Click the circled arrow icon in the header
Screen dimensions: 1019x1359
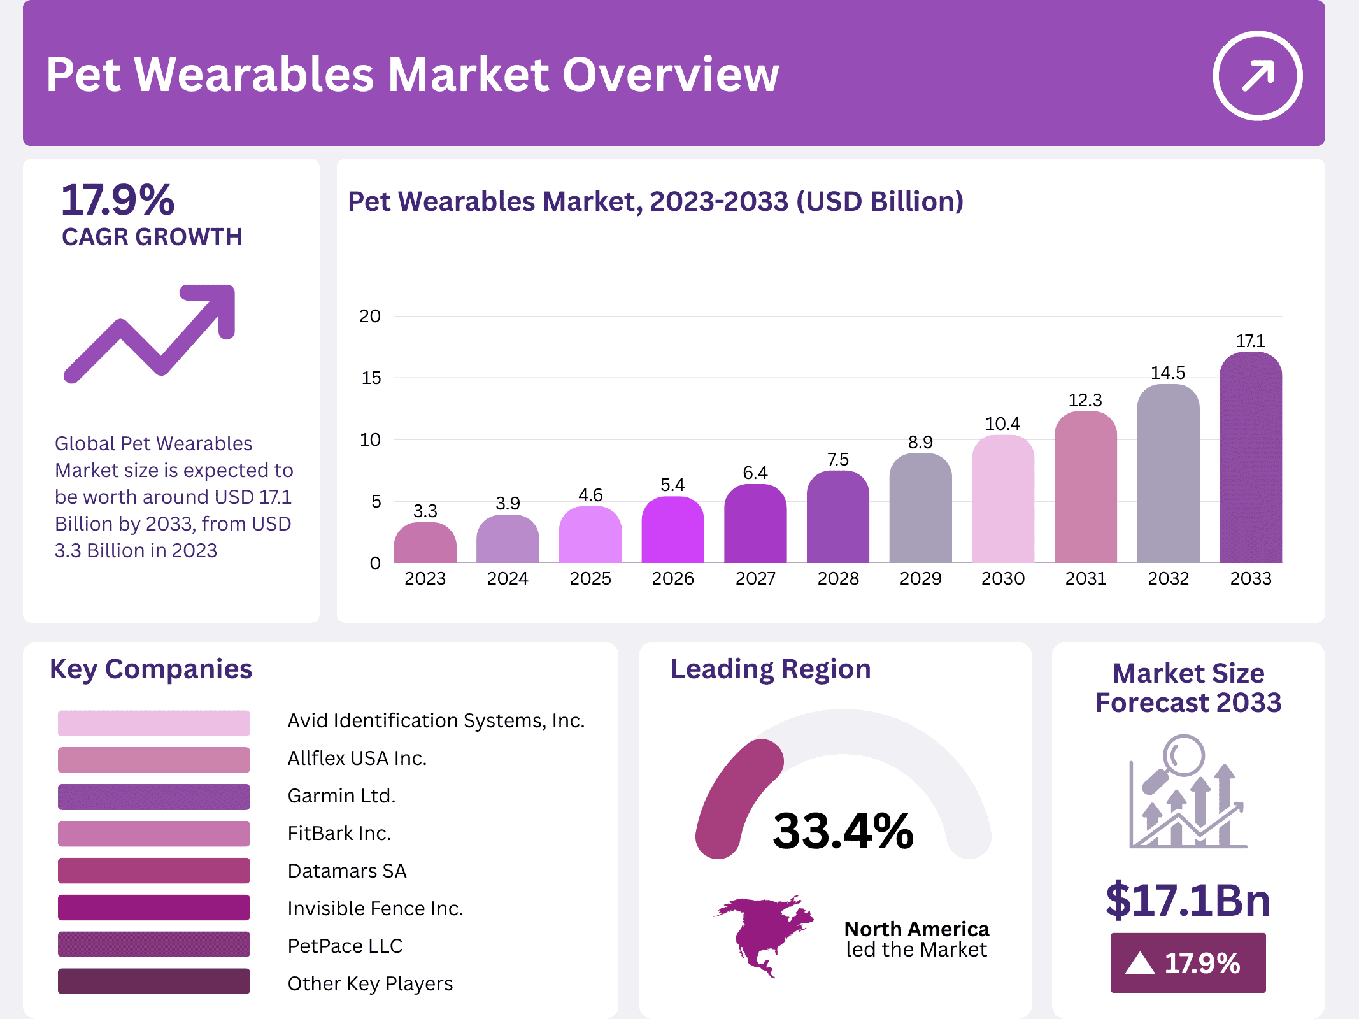tap(1257, 75)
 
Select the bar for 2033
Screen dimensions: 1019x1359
tap(1250, 459)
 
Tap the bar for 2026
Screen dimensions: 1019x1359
tap(672, 530)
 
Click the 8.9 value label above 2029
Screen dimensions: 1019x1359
tap(920, 442)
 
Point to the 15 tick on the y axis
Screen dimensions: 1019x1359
tap(371, 378)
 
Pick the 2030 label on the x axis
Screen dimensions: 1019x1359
tap(1003, 578)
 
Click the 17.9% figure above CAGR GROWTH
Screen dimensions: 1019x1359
tap(118, 200)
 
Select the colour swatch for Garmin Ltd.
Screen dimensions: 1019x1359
tap(153, 797)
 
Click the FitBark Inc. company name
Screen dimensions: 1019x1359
tap(339, 833)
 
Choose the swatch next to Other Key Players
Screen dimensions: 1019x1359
tap(153, 981)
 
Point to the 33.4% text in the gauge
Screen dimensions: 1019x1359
tap(843, 830)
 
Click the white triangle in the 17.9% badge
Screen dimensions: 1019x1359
tap(1140, 964)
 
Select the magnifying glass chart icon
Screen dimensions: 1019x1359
tap(1188, 793)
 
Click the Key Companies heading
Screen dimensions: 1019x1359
tap(151, 669)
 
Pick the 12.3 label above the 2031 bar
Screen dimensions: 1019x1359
tap(1085, 400)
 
